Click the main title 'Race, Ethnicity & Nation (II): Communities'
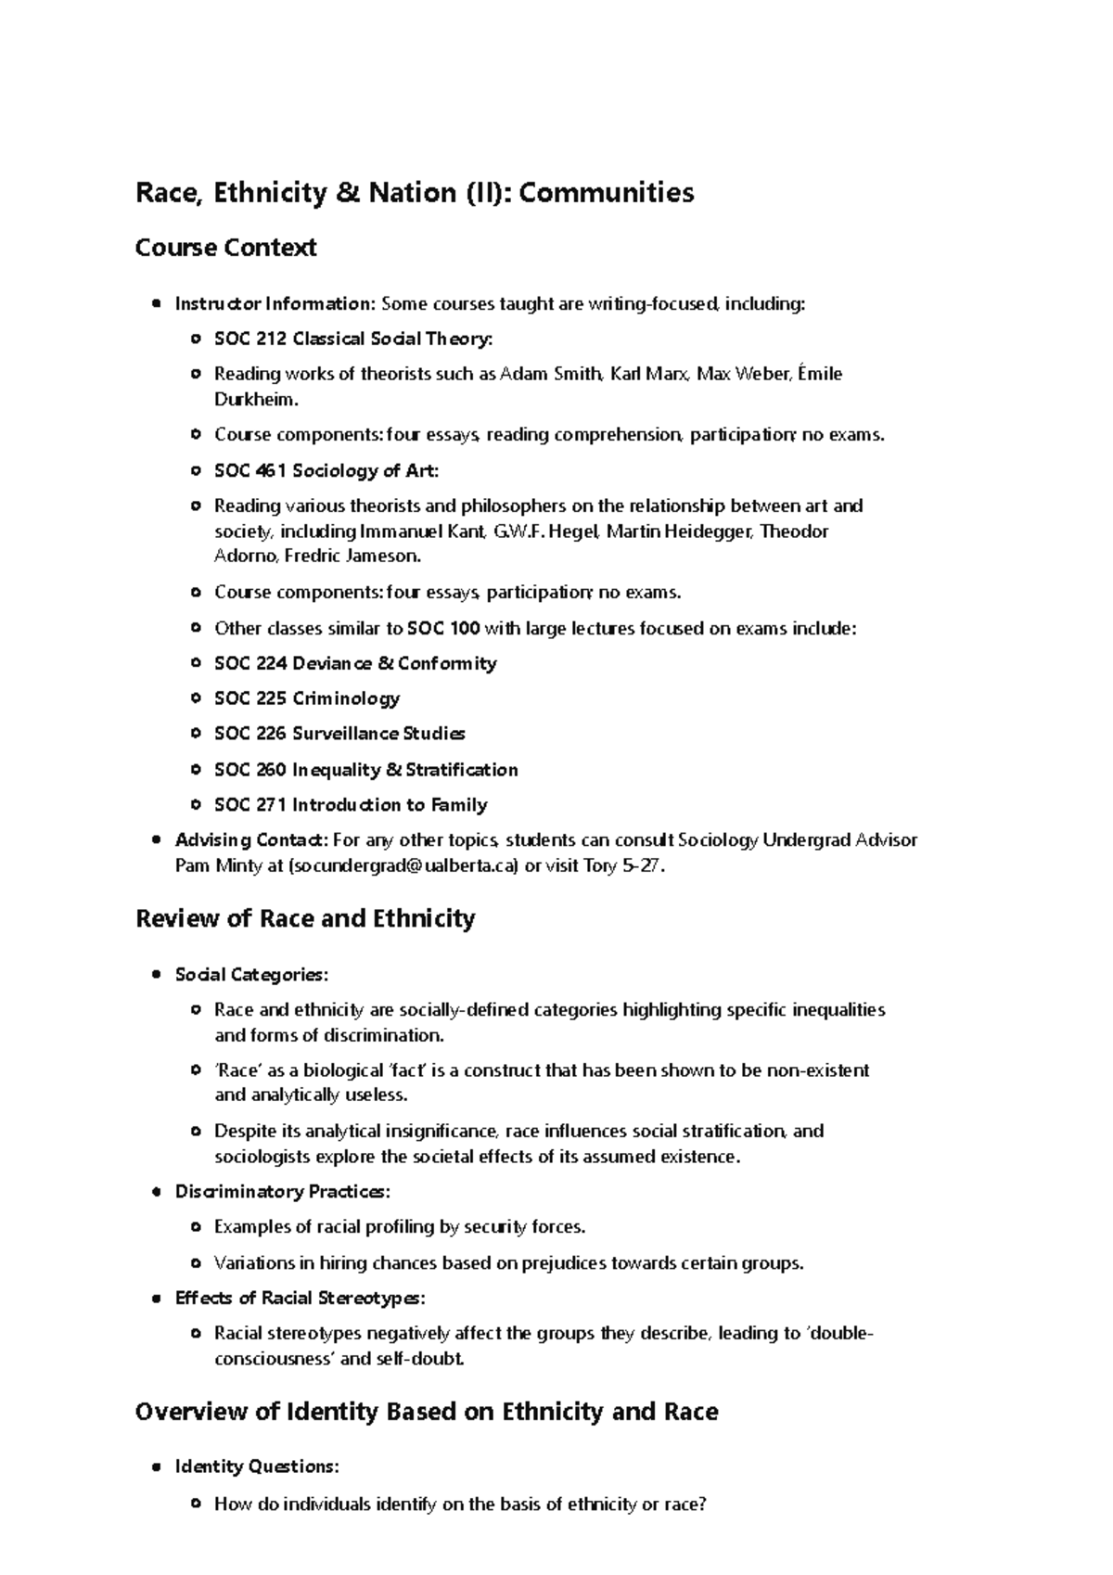coord(415,193)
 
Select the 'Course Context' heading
coord(225,248)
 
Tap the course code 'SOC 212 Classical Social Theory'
coord(352,339)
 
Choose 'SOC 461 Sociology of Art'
coord(326,471)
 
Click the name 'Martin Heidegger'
coord(682,531)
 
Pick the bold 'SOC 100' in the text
coord(443,628)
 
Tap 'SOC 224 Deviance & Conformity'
coord(355,663)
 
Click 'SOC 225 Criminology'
coord(307,698)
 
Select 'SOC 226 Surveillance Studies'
coord(339,734)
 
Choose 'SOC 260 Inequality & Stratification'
coord(365,770)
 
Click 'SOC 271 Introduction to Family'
coord(351,805)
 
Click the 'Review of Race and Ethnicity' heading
coord(305,918)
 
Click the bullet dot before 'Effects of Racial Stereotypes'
coord(156,1298)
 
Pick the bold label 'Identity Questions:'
coord(257,1466)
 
